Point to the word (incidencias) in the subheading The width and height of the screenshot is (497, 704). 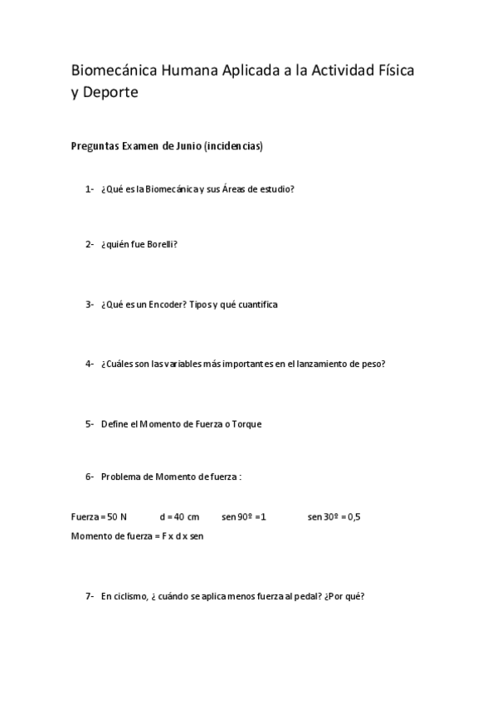233,146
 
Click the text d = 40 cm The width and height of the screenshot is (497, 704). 179,516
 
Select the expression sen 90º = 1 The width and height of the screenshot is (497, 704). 244,516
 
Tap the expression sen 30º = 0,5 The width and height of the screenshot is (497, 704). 334,516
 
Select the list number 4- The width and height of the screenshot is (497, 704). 89,364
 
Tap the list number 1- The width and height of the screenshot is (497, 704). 89,188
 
